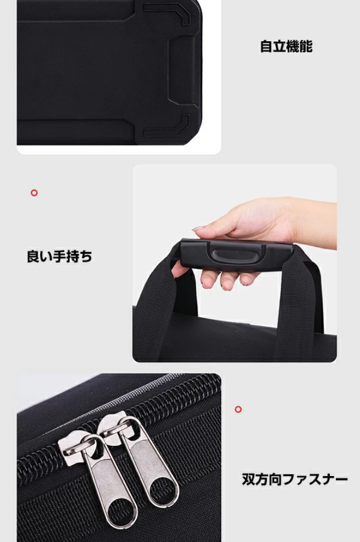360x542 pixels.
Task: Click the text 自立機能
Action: (286, 46)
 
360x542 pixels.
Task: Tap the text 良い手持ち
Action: (60, 256)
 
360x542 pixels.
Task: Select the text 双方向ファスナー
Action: (295, 479)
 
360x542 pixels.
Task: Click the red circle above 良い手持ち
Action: (34, 193)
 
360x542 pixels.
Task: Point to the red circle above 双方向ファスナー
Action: (238, 409)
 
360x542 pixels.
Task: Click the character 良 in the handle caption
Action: (33, 256)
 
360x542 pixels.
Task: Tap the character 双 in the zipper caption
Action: (248, 479)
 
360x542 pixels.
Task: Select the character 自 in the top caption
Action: (266, 46)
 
